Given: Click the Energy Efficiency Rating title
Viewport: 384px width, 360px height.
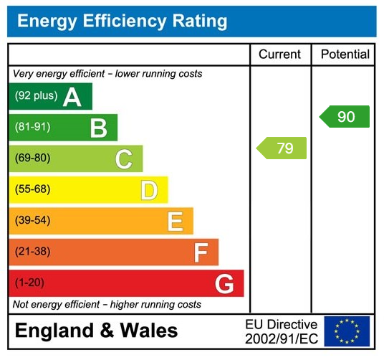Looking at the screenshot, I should coord(122,22).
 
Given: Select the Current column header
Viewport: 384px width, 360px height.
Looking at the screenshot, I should coord(280,55).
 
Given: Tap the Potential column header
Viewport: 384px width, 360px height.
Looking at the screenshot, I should coord(345,55).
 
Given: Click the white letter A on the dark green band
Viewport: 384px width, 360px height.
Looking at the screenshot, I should coord(72,97).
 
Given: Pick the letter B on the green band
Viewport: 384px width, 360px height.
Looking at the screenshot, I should coord(98,128).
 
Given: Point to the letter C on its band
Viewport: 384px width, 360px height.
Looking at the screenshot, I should coord(124,158).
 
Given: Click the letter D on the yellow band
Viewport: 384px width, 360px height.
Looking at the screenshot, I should coord(149,190).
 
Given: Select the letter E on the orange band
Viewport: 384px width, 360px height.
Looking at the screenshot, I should coord(175,221).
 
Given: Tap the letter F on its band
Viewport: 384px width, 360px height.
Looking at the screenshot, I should coord(201,252).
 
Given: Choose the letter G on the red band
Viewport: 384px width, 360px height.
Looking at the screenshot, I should coord(224,284).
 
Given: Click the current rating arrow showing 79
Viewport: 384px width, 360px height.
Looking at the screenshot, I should coord(282,148).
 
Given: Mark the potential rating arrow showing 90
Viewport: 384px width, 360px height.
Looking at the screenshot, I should coord(345,116).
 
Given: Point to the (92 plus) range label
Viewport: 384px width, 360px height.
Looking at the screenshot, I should coord(36,96).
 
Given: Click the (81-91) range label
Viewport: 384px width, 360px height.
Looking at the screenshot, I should coord(33,128).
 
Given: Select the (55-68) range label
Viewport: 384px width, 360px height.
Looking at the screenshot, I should coord(33,190).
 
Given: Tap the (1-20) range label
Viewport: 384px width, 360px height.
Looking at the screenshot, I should coord(29,283).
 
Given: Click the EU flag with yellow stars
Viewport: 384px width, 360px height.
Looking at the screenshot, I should coord(347,331).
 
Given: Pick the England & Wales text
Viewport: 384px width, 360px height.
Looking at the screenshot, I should coord(96,331).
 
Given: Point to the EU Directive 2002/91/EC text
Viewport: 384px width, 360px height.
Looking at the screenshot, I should coord(281,331).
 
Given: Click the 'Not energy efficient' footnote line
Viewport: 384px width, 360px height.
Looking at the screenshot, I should coord(107,305).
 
